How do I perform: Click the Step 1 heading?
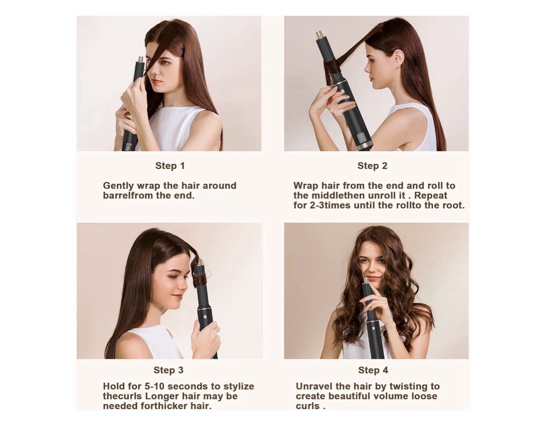[170, 166]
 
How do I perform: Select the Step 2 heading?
[372, 166]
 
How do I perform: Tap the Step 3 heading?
[168, 370]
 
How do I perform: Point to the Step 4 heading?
[373, 370]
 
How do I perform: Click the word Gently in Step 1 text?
[118, 186]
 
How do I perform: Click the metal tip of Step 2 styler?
[320, 34]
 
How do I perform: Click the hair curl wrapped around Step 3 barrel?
[200, 277]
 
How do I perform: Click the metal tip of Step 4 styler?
[365, 281]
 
